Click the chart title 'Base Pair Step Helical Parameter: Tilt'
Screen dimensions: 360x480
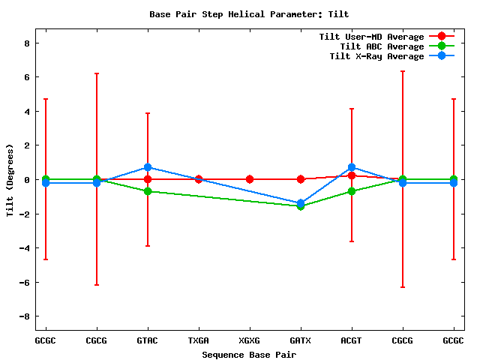pyautogui.click(x=249, y=14)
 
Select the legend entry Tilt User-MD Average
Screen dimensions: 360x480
pyautogui.click(x=371, y=37)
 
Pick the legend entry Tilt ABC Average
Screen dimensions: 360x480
pyautogui.click(x=382, y=46)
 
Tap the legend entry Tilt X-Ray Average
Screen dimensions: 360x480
pyautogui.click(x=376, y=56)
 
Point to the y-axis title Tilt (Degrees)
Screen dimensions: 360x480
pyautogui.click(x=10, y=179)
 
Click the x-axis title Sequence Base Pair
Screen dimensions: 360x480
pyautogui.click(x=249, y=354)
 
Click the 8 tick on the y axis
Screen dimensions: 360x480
pyautogui.click(x=26, y=43)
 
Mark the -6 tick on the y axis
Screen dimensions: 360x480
pyautogui.click(x=24, y=282)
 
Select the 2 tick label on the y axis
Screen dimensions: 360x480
pyautogui.click(x=26, y=145)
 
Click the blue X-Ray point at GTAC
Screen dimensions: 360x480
pyautogui.click(x=148, y=167)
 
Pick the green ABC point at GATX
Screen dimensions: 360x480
pyautogui.click(x=301, y=206)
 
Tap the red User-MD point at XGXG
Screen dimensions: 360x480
pyautogui.click(x=250, y=179)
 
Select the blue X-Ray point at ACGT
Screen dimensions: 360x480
pyautogui.click(x=352, y=167)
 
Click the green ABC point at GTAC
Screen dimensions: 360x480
pyautogui.click(x=148, y=191)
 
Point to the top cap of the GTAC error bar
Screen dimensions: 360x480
pyautogui.click(x=148, y=113)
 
